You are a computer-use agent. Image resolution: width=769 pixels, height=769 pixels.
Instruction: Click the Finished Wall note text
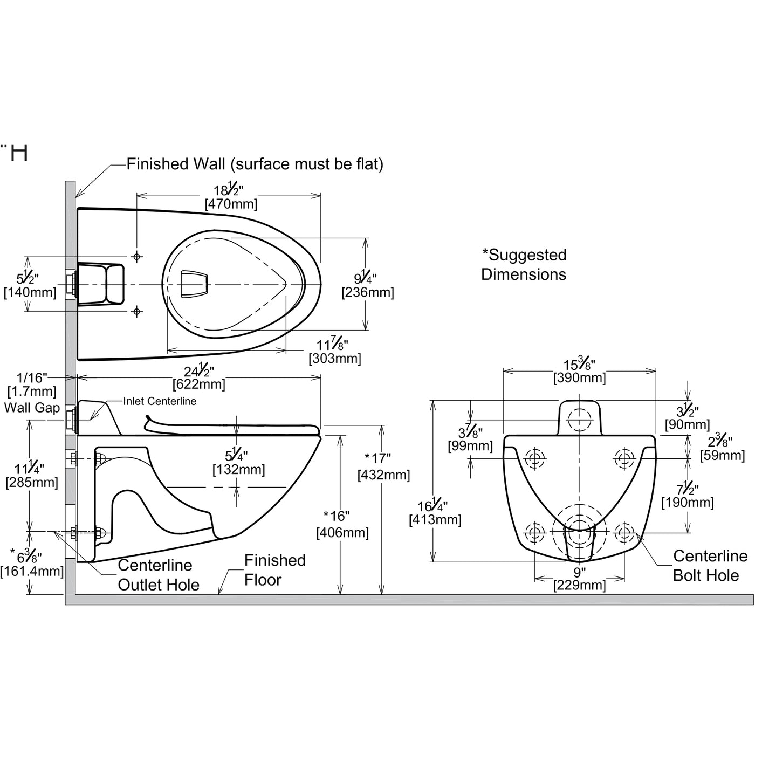(255, 164)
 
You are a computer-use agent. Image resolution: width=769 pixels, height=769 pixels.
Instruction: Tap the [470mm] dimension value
(231, 204)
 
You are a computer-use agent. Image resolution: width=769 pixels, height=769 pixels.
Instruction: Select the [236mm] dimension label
(367, 293)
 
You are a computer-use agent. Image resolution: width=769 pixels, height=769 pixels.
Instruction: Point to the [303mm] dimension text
(334, 358)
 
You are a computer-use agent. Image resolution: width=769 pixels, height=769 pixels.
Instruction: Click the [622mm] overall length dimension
(198, 384)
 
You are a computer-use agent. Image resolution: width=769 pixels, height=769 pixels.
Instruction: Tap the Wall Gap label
(32, 408)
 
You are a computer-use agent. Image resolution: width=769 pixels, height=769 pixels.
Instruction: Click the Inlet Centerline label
(160, 401)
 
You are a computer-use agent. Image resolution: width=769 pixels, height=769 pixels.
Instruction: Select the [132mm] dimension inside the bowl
(238, 470)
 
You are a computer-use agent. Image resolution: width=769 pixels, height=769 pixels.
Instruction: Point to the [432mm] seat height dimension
(383, 475)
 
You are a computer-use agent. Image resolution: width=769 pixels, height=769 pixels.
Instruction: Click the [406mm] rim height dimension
(342, 533)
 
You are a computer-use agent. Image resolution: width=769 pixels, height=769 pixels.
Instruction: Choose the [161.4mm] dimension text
(32, 571)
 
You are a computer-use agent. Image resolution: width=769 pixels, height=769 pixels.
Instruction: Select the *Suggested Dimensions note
(524, 264)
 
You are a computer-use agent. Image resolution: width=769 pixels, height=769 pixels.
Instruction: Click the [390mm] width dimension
(579, 378)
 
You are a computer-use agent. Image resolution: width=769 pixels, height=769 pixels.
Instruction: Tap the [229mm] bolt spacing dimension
(579, 585)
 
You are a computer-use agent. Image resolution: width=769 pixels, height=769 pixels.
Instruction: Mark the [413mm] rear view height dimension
(435, 520)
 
